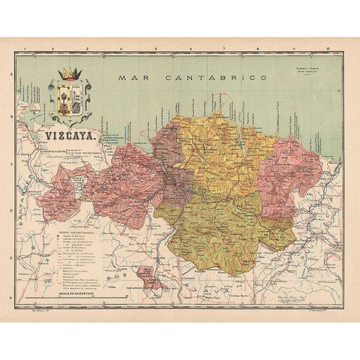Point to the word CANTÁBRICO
pos(198,77)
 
